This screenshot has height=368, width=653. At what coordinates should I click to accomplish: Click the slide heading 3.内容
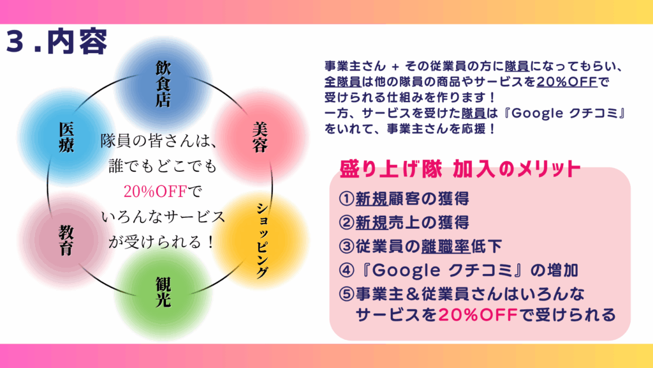57,42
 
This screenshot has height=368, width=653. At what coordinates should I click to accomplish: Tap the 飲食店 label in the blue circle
163,84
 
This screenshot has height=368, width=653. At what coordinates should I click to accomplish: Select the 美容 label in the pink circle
260,137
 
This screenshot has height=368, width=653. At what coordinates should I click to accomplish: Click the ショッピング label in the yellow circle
261,241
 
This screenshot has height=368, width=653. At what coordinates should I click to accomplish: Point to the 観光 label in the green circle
163,292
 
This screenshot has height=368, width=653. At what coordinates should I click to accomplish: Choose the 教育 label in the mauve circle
66,240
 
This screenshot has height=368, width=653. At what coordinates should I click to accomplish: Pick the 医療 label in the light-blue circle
66,137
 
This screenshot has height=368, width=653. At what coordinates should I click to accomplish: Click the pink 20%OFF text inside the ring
155,192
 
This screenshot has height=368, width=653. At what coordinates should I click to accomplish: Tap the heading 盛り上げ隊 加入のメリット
460,169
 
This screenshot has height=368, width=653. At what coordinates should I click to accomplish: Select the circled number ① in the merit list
346,199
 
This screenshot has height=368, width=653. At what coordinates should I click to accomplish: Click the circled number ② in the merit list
346,222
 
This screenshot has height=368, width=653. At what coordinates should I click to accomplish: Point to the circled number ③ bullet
346,246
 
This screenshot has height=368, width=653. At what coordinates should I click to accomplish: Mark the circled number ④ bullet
346,270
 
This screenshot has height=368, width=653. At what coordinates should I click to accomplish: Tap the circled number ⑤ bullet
346,294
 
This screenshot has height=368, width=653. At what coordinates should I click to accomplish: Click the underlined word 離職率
445,246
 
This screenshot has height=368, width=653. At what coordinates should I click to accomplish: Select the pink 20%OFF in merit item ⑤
478,314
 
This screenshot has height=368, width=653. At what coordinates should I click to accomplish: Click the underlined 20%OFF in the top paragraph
567,81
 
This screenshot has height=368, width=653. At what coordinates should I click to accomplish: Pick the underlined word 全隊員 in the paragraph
342,81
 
